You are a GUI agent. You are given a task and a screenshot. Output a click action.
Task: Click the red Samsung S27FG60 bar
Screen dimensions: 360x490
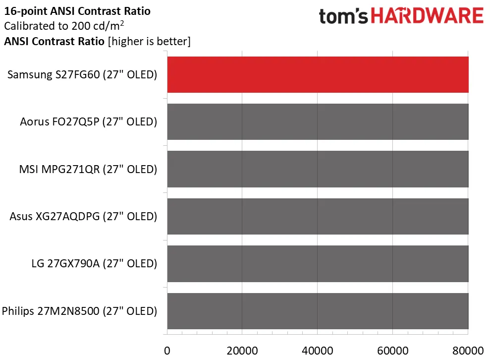tap(318, 75)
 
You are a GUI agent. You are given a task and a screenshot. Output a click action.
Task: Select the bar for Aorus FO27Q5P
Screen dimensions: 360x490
tap(318, 122)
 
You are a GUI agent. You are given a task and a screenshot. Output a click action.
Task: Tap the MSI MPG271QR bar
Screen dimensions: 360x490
tap(318, 169)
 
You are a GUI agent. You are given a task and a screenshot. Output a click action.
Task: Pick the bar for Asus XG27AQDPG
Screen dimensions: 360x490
tap(318, 217)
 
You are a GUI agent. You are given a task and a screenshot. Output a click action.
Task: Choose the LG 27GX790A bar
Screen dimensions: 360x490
tap(318, 264)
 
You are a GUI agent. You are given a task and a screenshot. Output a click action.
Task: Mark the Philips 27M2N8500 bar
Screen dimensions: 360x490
tap(318, 311)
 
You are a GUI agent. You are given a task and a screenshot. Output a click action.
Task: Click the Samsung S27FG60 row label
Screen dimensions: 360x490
tap(82, 75)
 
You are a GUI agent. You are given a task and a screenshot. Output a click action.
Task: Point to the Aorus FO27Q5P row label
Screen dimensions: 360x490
tap(89, 122)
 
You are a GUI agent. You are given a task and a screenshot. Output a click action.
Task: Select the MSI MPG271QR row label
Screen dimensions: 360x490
tap(87, 169)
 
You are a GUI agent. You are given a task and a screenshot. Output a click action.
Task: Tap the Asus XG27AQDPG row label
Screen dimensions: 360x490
tap(83, 217)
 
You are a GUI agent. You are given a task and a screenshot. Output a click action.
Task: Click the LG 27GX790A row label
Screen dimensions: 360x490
tap(94, 264)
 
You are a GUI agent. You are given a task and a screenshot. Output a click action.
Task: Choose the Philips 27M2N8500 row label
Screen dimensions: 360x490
tap(80, 311)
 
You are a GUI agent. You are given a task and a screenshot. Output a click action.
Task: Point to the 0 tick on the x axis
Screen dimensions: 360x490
tap(167, 350)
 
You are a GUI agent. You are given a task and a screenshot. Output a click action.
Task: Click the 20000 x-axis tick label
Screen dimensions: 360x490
tap(242, 350)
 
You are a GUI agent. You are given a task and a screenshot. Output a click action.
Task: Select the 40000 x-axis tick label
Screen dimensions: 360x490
tap(317, 350)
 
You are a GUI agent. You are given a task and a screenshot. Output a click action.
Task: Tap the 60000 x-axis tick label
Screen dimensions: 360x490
tap(392, 350)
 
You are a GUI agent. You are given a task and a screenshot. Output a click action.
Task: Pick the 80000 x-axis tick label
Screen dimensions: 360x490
tap(467, 350)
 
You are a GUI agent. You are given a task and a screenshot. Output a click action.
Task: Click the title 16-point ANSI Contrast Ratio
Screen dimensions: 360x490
tap(77, 10)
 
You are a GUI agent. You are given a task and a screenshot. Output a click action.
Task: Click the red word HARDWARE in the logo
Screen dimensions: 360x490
tap(427, 16)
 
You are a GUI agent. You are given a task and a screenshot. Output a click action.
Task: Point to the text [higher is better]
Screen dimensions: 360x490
tap(149, 42)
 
